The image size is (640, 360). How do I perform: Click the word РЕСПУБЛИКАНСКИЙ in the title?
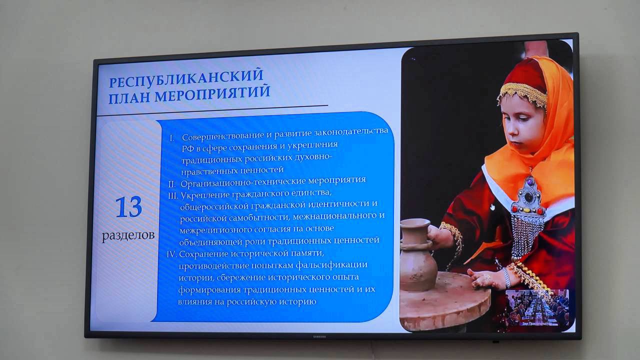point(186,78)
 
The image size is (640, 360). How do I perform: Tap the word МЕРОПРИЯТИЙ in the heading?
point(212,93)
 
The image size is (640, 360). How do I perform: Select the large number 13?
point(128,207)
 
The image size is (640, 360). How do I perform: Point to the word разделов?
point(128,235)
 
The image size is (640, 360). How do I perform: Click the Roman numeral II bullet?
point(172,184)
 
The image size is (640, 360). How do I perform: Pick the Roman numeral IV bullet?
point(171,254)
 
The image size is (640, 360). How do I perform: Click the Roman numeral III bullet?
point(173,196)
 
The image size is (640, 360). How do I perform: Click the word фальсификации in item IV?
point(331,265)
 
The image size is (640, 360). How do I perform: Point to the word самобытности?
point(259,217)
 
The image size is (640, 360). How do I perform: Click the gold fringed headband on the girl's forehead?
point(522,93)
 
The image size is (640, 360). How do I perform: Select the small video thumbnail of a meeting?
point(537,308)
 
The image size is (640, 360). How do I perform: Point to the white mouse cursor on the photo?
point(492,207)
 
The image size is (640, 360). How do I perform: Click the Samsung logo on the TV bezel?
point(318,337)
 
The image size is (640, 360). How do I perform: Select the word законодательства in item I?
point(351,131)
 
